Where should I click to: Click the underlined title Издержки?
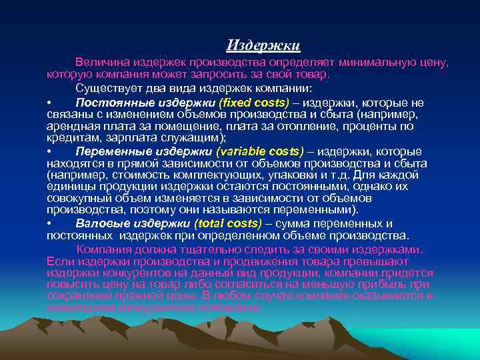pos(263,45)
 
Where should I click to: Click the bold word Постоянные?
pos(108,103)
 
